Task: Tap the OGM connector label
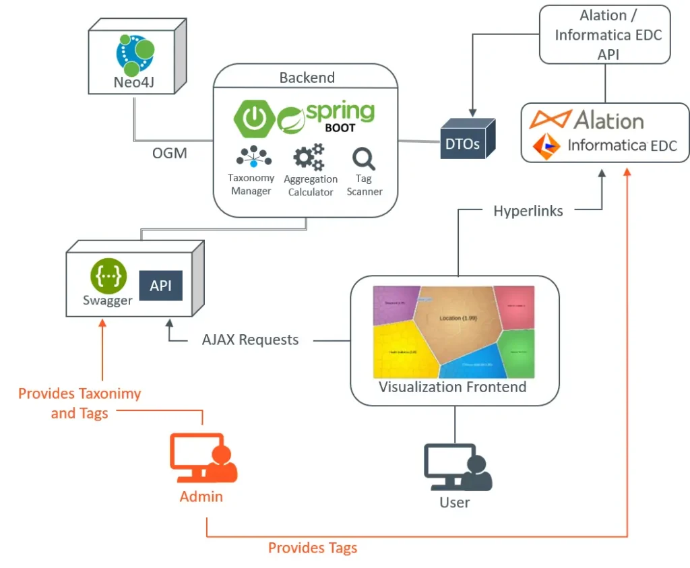tap(169, 153)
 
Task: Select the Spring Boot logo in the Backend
tap(304, 118)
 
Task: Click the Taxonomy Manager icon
tap(251, 157)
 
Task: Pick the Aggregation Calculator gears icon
tap(309, 158)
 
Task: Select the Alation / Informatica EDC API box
tap(604, 35)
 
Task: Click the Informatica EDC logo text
tap(621, 145)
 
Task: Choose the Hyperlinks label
tap(528, 211)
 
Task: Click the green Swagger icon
tap(108, 276)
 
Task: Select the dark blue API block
tap(160, 286)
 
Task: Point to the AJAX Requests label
tap(250, 340)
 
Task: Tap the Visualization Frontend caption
tap(452, 387)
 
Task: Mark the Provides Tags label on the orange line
tap(313, 548)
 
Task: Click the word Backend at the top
tap(307, 77)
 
